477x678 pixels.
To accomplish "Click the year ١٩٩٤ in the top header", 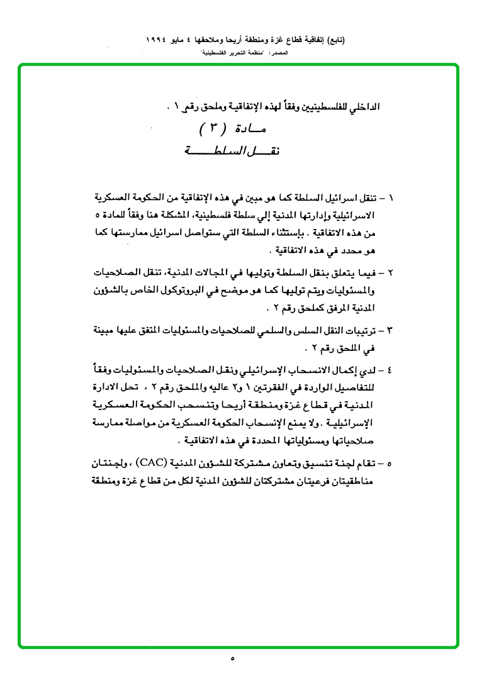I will (x=160, y=39).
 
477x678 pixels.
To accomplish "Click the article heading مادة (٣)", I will (x=235, y=130).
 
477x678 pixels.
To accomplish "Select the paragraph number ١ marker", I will (x=391, y=197).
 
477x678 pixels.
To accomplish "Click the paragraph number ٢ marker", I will (x=391, y=274).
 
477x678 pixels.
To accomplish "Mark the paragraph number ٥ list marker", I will (x=391, y=464).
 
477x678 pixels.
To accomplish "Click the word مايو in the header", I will (x=191, y=39).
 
